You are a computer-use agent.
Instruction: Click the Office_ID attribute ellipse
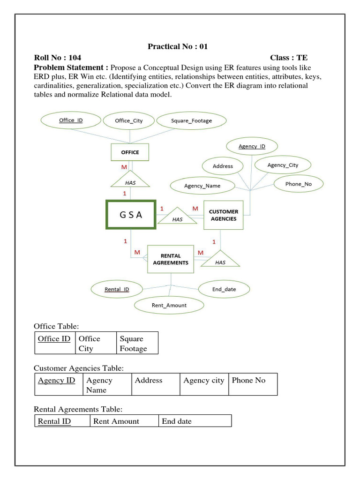point(71,120)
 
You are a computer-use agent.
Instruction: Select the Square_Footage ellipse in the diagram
point(191,120)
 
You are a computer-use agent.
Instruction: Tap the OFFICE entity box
point(130,152)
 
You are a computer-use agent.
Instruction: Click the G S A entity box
point(131,215)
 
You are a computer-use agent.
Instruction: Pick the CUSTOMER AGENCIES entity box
point(223,215)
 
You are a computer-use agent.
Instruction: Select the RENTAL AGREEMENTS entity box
point(171,259)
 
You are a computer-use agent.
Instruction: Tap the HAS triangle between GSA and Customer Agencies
point(177,217)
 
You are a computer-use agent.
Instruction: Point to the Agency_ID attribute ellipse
point(252,146)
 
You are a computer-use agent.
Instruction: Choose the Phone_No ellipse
point(298,184)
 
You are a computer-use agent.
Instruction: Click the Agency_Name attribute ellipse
point(202,186)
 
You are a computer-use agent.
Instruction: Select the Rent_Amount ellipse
point(169,305)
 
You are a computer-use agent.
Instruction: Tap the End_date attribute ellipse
point(224,289)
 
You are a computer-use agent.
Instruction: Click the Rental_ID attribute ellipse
point(117,289)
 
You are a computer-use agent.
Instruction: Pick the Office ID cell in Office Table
point(54,343)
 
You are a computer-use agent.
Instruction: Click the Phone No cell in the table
point(253,384)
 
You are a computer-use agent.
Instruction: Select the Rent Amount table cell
point(124,421)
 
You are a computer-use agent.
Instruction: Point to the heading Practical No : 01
point(178,46)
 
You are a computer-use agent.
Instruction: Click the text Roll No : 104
point(58,58)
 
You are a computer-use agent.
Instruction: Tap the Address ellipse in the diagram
point(223,166)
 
